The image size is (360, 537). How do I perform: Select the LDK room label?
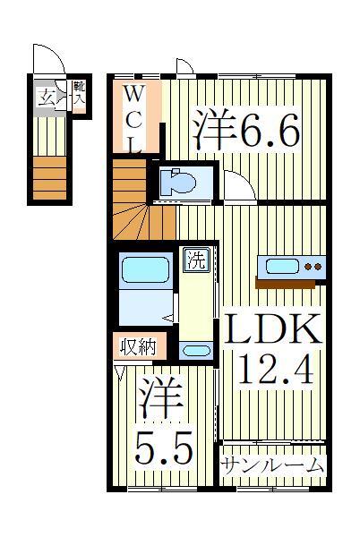pyautogui.click(x=272, y=332)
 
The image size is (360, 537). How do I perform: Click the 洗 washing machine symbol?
pyautogui.click(x=194, y=261)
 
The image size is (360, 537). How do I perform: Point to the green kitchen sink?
pyautogui.click(x=279, y=266)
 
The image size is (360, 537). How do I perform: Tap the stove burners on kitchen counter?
pyautogui.click(x=313, y=266)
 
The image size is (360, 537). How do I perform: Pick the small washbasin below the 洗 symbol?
pyautogui.click(x=194, y=350)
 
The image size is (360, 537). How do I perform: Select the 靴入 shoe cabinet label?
pyautogui.click(x=79, y=92)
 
